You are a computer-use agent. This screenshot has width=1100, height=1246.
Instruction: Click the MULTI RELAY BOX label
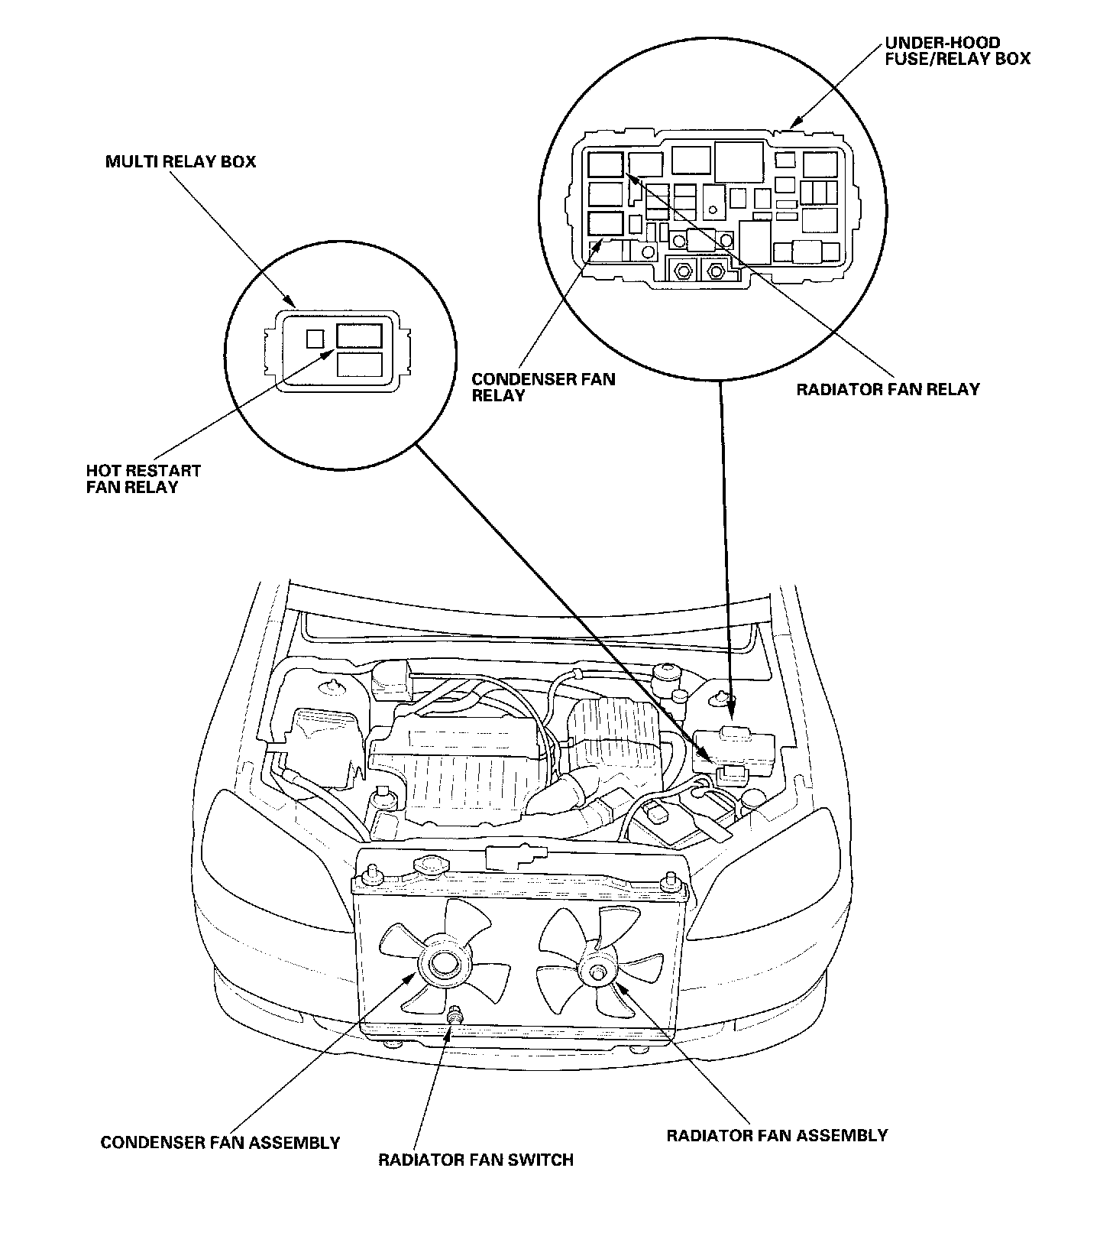pos(180,162)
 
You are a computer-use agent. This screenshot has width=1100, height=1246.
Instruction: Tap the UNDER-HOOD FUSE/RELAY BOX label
pos(957,50)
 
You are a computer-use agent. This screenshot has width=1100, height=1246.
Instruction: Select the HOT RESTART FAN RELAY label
pos(143,479)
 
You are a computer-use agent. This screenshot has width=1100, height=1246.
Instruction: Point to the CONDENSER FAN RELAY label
pos(542,387)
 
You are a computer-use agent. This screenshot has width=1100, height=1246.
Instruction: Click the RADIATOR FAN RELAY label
pos(888,389)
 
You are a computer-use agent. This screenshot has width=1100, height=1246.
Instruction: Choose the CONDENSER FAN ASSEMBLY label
pos(220,1143)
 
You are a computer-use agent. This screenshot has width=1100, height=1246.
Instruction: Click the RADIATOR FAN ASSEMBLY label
pos(777,1135)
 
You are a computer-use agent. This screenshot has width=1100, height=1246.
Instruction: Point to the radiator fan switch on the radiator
pos(455,1016)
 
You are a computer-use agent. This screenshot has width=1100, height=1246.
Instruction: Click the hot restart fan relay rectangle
pos(359,337)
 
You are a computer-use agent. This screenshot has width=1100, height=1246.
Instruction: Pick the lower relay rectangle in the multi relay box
pos(359,365)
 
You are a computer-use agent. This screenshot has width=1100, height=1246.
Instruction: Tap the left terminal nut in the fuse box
pos(682,270)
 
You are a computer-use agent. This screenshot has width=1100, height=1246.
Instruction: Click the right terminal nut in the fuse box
pos(716,270)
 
